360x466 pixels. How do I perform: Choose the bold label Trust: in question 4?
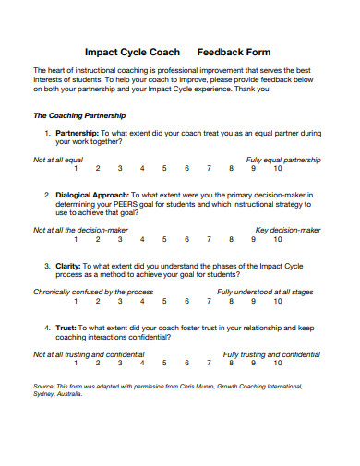66,328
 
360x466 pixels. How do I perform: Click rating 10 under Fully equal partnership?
277,169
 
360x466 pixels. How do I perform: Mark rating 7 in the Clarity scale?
209,301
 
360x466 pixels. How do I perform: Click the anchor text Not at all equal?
58,160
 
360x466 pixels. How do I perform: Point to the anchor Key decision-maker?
288,230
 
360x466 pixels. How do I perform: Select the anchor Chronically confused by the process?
93,292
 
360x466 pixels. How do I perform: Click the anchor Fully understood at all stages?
265,292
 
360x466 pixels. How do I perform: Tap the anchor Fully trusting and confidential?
271,354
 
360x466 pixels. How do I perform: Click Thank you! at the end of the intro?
252,89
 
